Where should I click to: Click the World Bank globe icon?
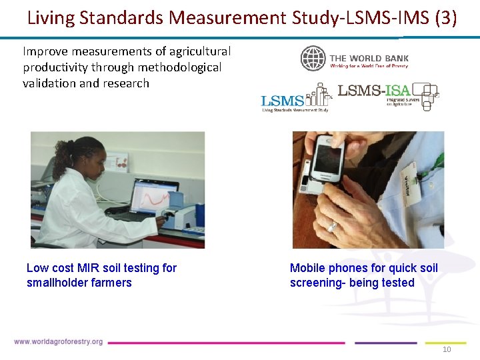[313, 59]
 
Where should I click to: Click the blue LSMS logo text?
[283, 101]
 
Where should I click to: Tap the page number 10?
[447, 350]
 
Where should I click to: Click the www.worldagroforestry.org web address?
[59, 342]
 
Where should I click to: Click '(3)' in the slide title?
[445, 17]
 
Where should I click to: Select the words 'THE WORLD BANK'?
[369, 58]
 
